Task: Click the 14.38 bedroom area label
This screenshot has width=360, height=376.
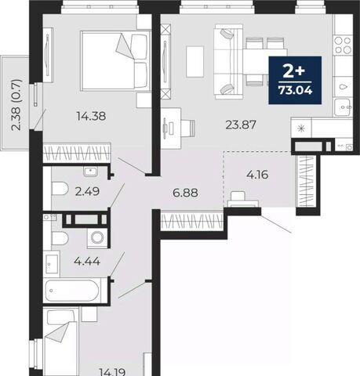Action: pos(91,116)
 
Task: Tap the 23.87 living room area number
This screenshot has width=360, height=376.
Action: pos(241,125)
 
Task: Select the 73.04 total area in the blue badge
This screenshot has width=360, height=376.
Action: pos(295,90)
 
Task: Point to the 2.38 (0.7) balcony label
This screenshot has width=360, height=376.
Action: pos(16,105)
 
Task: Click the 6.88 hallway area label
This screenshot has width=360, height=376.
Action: pos(185,193)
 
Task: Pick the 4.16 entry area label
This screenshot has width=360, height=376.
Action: pos(257,175)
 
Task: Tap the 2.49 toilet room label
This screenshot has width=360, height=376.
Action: pos(87,192)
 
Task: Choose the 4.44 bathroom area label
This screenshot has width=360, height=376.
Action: pos(87,261)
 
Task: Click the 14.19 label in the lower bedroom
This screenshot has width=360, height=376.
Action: pos(113,372)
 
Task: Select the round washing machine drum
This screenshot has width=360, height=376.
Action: pos(97,237)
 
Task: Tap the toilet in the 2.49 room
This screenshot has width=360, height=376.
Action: pos(60,189)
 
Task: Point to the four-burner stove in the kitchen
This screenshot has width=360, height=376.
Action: pos(343,45)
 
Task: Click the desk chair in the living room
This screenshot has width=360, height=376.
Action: pos(189,128)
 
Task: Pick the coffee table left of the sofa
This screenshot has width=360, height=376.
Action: pos(195,62)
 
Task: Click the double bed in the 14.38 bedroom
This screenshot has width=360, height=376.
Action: pos(115,61)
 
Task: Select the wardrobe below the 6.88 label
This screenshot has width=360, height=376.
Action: pos(191,221)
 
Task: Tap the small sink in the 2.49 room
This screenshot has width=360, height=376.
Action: pos(90,172)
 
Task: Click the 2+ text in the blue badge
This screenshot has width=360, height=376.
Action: pos(294,72)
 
